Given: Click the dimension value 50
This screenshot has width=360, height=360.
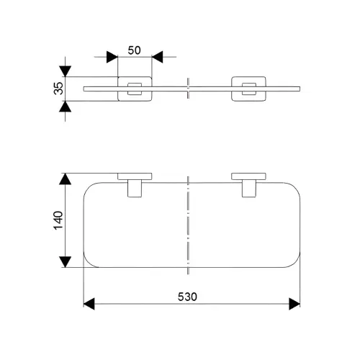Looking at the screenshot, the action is click(x=134, y=50).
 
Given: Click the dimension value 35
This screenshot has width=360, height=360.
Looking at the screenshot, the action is click(x=58, y=89).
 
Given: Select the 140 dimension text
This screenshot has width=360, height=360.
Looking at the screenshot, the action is click(x=58, y=220).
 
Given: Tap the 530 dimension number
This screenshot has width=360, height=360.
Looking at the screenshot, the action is click(x=187, y=297).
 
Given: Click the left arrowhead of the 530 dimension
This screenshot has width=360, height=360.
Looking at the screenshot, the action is click(x=89, y=304).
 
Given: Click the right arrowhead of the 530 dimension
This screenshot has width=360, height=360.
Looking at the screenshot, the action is click(x=294, y=304).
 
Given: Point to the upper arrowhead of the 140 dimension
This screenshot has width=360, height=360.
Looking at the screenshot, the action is click(x=66, y=179).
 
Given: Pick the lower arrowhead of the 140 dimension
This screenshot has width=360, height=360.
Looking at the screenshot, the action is click(x=66, y=261).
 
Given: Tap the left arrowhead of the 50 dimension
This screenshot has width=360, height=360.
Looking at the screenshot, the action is click(x=112, y=57).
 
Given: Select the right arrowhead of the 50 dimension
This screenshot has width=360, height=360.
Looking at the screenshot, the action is click(x=158, y=57).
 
